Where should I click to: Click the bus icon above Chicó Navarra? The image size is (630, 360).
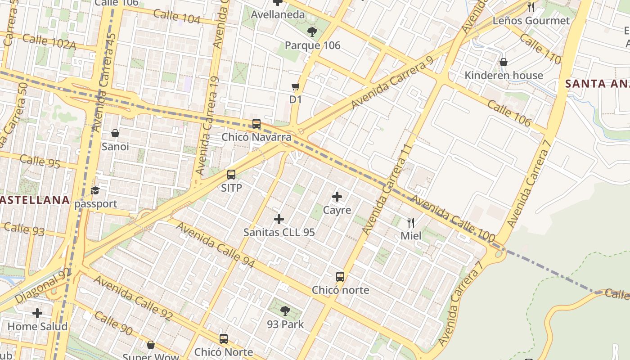coord(256,123)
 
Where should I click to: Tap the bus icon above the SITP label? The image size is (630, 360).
coord(231,175)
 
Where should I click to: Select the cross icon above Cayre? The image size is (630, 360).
coord(337,197)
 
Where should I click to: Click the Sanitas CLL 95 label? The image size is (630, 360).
coord(279,232)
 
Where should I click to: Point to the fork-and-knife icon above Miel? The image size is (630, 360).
coord(411,222)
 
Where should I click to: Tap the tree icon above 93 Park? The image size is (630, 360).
coord(285,310)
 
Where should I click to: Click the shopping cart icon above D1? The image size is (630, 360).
coord(296,86)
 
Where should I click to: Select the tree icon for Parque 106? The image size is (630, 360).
coord(312,31)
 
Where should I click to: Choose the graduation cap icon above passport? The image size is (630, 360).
coord(95,191)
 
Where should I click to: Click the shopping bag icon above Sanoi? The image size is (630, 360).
coord(115,133)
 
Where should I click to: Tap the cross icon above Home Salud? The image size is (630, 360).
coord(37,313)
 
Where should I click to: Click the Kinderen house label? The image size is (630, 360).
coord(504,75)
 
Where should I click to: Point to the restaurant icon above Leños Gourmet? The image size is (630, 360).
coord(531,7)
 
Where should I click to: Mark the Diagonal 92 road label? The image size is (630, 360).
coord(43,286)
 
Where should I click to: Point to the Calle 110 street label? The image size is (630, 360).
coord(540,49)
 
